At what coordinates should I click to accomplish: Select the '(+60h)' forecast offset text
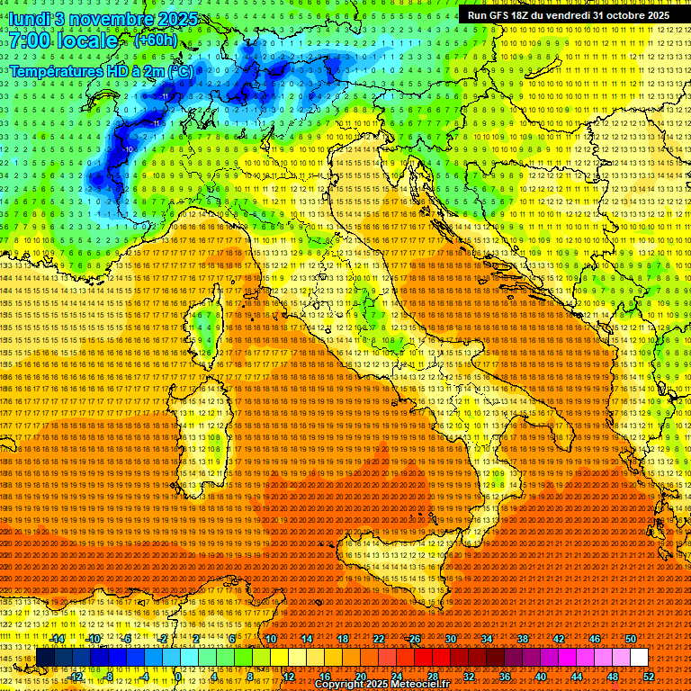(155, 40)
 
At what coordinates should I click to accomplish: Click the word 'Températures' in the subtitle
(54, 70)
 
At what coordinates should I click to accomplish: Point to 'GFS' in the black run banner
(499, 15)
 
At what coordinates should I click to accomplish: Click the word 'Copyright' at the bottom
(340, 685)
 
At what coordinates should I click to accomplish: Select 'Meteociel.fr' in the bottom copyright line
(428, 685)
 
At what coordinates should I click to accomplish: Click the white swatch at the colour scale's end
(639, 658)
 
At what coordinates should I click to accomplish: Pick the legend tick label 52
(649, 677)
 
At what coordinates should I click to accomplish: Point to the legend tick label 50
(631, 639)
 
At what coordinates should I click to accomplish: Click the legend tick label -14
(58, 639)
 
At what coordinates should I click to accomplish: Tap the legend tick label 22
(379, 639)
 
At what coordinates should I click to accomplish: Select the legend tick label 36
(505, 677)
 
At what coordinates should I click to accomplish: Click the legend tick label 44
(577, 677)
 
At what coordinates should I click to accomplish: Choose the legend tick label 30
(451, 639)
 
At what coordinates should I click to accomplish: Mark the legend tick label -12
(76, 677)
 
